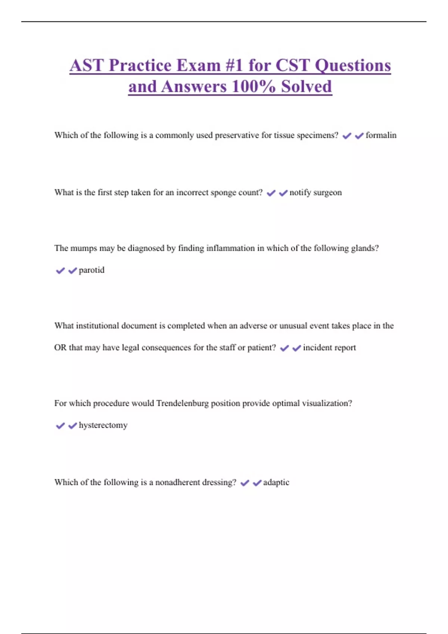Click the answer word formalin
[x=381, y=135]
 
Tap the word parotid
[x=91, y=270]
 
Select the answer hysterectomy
[x=103, y=425]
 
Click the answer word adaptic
[x=276, y=482]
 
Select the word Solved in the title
[x=307, y=87]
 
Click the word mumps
[x=83, y=248]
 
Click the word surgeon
[x=327, y=193]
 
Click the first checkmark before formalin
[x=347, y=136]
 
